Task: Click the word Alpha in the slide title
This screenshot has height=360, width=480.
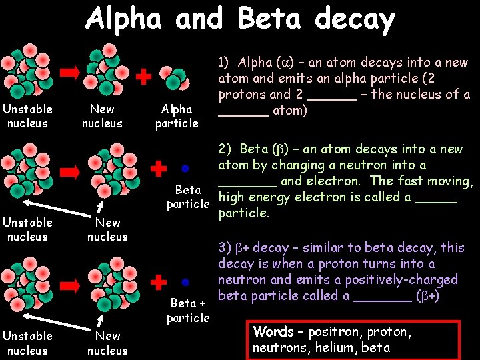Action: tap(123, 19)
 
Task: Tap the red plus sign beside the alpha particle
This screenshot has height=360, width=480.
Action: tap(142, 77)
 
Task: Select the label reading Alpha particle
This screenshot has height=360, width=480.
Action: tap(177, 116)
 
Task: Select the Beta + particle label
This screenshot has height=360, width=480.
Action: tap(188, 311)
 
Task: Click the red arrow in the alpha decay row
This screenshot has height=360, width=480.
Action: tap(70, 73)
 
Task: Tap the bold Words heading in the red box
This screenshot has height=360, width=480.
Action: tap(273, 332)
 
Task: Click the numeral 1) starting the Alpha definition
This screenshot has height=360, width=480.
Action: tap(224, 63)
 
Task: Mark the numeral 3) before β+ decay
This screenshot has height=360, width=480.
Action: tap(224, 248)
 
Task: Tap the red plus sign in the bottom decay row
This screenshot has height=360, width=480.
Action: tap(158, 282)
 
